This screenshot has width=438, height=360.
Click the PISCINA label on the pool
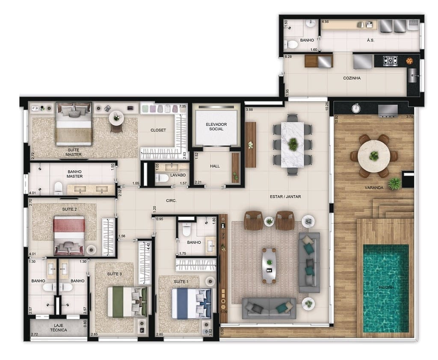tap(385, 287)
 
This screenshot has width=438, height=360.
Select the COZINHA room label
tap(352, 78)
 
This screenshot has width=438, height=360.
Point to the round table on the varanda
tap(374, 156)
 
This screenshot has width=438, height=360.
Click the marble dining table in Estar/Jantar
tap(293, 143)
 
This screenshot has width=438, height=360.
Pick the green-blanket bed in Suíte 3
tap(127, 301)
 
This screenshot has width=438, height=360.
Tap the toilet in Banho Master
tap(59, 187)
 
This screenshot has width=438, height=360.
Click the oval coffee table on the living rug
tap(269, 266)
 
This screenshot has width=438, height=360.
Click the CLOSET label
tap(158, 130)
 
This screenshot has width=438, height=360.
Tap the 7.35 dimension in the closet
tap(183, 106)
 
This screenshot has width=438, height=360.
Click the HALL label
tap(215, 166)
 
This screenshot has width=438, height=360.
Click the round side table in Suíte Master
tap(116, 117)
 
